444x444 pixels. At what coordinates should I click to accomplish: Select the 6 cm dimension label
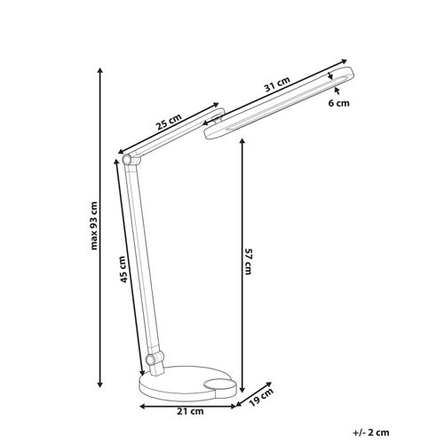[340, 104]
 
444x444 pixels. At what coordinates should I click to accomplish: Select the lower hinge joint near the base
[155, 361]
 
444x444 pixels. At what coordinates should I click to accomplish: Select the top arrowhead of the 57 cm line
[241, 139]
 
